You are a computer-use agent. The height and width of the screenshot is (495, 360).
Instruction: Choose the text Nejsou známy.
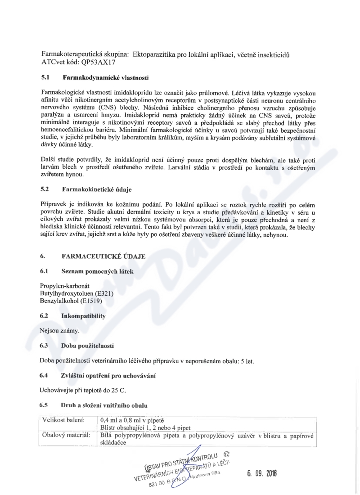[59, 331]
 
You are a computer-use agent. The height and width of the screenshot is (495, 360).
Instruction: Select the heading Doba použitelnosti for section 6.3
[87, 346]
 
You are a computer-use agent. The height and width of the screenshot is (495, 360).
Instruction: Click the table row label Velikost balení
[63, 420]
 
